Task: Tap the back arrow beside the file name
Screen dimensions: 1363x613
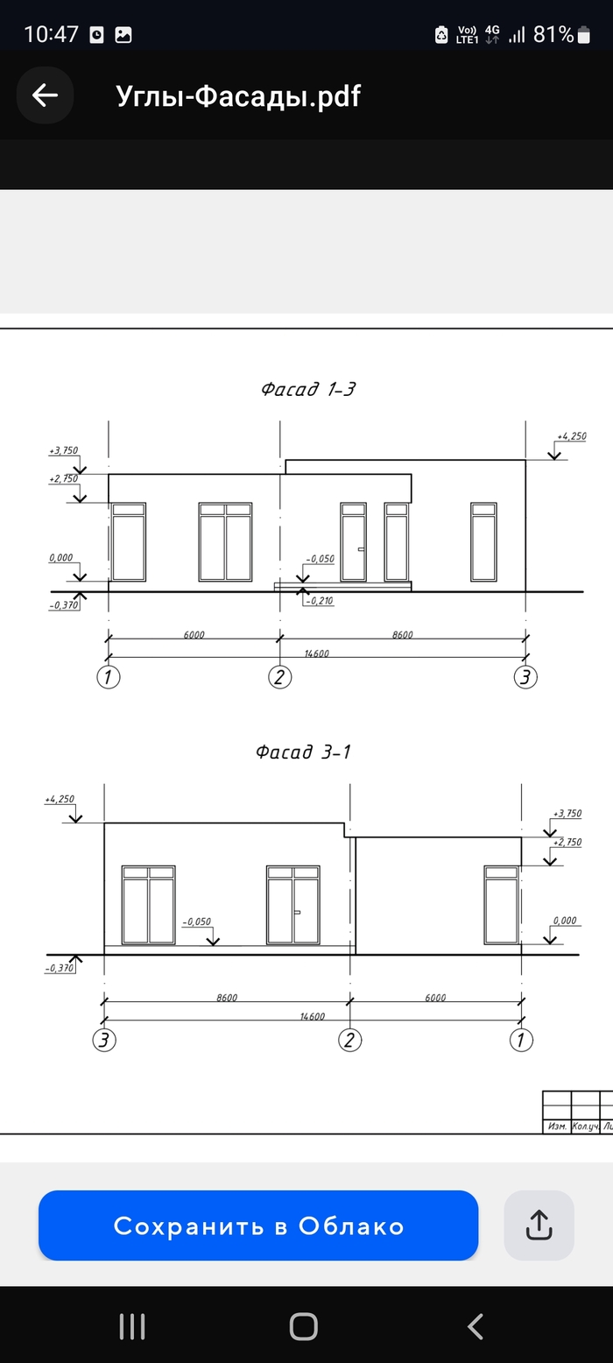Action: (45, 95)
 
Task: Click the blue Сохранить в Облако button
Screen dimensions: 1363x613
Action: (258, 1225)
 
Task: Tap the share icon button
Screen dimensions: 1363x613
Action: (539, 1225)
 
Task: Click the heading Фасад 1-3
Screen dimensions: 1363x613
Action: (307, 389)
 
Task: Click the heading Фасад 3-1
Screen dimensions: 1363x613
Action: (303, 752)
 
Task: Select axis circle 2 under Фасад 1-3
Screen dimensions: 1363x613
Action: (279, 677)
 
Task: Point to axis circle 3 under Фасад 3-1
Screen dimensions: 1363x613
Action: (104, 1040)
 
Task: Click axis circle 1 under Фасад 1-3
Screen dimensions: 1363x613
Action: (108, 677)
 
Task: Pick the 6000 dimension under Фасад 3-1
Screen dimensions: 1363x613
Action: (435, 997)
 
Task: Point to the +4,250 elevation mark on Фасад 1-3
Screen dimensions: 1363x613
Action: (571, 435)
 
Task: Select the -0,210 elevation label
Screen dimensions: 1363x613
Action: (320, 601)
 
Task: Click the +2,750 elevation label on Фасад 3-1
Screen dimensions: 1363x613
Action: (567, 842)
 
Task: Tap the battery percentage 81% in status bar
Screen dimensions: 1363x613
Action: (553, 34)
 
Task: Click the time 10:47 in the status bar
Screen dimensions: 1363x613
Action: (52, 34)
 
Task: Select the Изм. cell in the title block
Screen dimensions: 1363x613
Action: (556, 1126)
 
